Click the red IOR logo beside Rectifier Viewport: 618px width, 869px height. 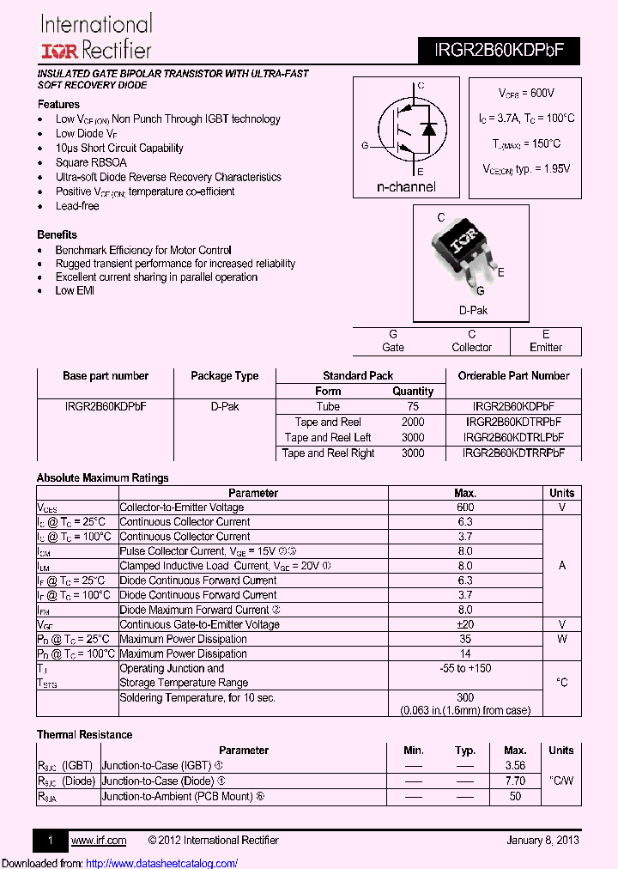57,51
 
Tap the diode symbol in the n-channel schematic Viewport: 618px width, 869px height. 428,129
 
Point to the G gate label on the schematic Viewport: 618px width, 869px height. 365,146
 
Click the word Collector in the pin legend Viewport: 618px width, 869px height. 471,348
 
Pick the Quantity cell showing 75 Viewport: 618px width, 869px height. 413,407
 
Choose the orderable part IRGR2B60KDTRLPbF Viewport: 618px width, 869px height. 513,438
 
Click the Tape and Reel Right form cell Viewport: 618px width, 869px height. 328,453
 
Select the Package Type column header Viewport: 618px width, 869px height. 224,376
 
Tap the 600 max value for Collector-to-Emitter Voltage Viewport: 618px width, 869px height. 465,507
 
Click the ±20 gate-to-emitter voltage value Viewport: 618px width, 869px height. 465,624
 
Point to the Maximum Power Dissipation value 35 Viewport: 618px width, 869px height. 465,639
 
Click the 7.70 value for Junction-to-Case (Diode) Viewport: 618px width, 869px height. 515,781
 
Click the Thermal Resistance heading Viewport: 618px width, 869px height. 84,735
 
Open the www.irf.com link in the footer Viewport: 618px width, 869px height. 98,841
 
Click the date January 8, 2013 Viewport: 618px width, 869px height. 542,841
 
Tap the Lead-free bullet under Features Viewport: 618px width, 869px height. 77,206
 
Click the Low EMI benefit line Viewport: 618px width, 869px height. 75,291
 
